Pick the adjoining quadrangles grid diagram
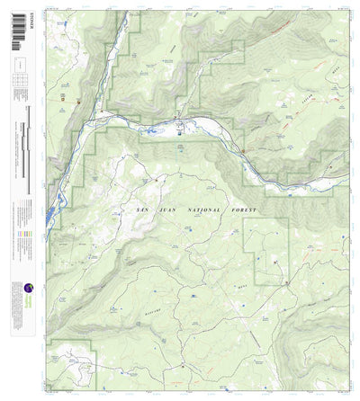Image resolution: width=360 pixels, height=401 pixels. (20, 80)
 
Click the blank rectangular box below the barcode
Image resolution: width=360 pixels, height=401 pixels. (20, 65)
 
